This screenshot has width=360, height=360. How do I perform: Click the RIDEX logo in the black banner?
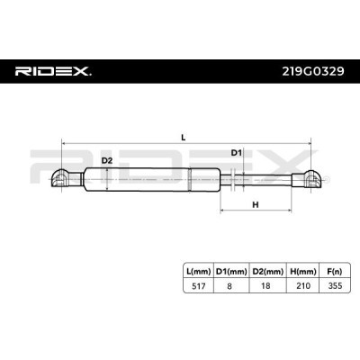click(x=53, y=71)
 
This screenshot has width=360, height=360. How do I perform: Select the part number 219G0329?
click(x=313, y=71)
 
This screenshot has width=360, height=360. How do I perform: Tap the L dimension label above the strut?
click(x=184, y=138)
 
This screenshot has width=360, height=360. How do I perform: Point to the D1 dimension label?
click(x=236, y=153)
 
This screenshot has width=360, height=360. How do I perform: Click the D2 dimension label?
click(x=107, y=161)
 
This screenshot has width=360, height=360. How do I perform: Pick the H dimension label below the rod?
click(x=256, y=205)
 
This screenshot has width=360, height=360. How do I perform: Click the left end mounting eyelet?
click(x=62, y=179)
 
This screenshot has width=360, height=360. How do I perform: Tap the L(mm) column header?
click(x=198, y=272)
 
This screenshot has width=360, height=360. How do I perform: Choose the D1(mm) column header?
click(x=231, y=272)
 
